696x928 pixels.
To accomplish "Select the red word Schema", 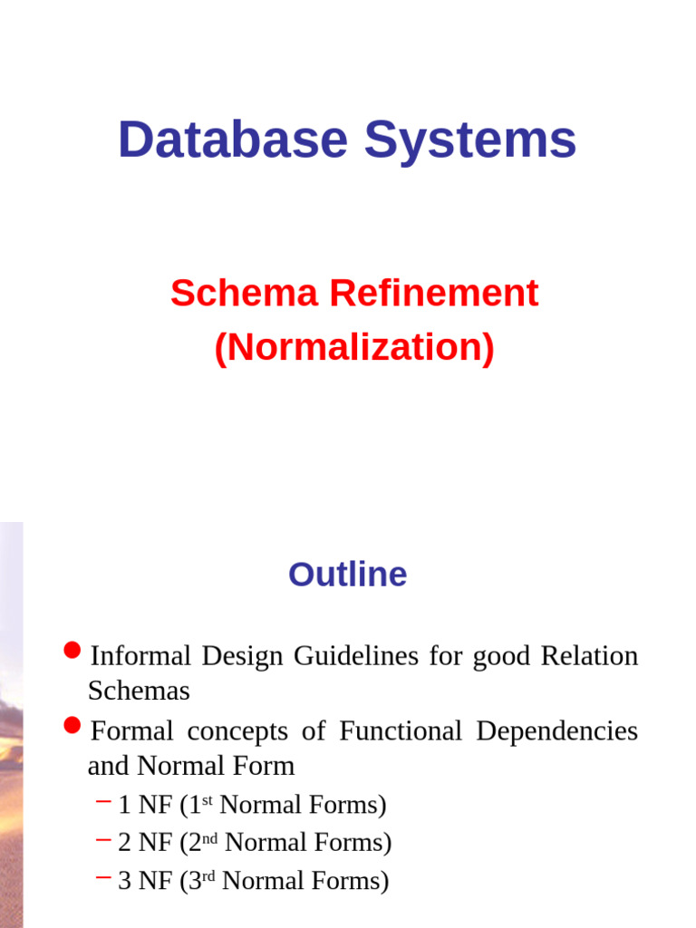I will (243, 294).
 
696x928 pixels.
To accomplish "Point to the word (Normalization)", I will (354, 348).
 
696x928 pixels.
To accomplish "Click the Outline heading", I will (348, 575).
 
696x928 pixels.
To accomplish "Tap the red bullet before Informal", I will (73, 651).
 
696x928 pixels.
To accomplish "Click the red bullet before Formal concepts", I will (73, 726).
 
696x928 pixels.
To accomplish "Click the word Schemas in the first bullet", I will (139, 691).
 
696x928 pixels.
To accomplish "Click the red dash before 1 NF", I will (103, 801).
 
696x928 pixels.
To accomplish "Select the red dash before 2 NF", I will (103, 839).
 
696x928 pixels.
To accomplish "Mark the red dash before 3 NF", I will (103, 877).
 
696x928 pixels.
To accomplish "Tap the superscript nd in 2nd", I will (210, 836).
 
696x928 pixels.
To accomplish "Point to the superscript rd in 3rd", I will (208, 875).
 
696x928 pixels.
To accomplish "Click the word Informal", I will (140, 655).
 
